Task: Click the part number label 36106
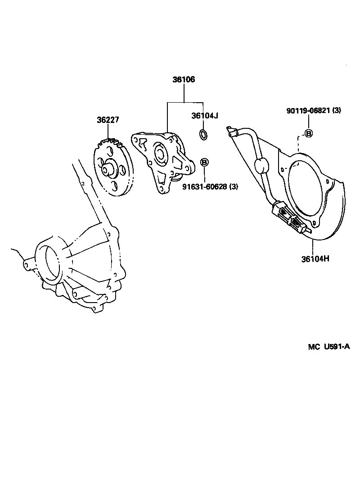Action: [x=184, y=80]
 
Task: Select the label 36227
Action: [x=108, y=120]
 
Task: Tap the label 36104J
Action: [x=204, y=116]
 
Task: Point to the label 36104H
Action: [x=315, y=259]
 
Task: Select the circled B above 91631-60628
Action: [x=204, y=162]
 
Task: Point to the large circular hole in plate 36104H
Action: [x=306, y=189]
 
